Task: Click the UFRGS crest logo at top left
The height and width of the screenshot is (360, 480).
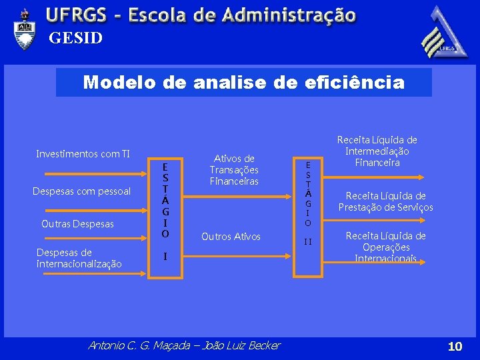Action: (x=25, y=29)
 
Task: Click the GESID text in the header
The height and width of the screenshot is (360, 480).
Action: (x=75, y=39)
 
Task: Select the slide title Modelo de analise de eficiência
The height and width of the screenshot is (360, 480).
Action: (x=243, y=83)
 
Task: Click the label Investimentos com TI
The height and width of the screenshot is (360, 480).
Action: (x=83, y=154)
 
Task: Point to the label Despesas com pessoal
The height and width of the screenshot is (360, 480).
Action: (x=81, y=191)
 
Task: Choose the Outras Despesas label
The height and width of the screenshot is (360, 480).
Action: (x=77, y=223)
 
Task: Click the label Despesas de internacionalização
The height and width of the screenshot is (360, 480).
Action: (x=79, y=258)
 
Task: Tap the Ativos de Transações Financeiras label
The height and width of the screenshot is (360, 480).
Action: (x=234, y=169)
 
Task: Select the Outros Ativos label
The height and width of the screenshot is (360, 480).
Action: (x=231, y=237)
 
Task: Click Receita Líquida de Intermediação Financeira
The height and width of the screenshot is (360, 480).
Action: (x=377, y=151)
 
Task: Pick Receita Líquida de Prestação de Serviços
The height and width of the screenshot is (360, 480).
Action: (x=385, y=201)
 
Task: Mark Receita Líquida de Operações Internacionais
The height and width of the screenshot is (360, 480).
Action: (x=385, y=247)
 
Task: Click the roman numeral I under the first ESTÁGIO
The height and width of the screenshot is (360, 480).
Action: (x=165, y=256)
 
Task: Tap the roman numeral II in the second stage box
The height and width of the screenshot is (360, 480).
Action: (x=308, y=241)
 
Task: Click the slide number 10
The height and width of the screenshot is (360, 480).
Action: (x=455, y=346)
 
